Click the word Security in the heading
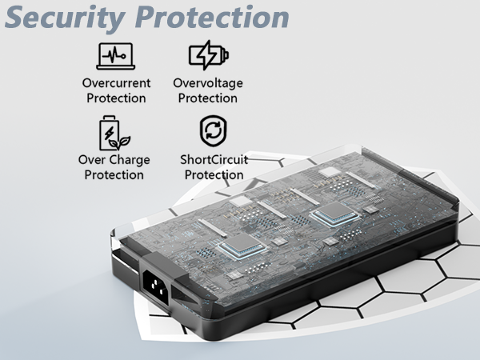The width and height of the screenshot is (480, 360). [x=65, y=18]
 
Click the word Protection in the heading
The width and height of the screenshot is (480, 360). [x=212, y=17]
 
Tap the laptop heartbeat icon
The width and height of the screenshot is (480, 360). [x=116, y=56]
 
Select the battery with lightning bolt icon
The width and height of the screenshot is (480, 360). [x=209, y=55]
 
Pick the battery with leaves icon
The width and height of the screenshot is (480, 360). [x=114, y=133]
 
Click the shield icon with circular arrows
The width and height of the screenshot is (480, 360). [x=214, y=130]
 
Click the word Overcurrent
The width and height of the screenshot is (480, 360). [x=116, y=83]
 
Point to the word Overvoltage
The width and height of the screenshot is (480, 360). [x=208, y=83]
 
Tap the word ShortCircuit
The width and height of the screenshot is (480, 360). [x=214, y=159]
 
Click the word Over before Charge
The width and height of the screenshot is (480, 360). [x=92, y=160]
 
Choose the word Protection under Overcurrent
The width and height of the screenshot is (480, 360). [x=116, y=98]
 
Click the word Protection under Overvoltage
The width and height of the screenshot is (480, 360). [x=207, y=98]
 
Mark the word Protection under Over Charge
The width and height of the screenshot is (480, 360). [x=114, y=175]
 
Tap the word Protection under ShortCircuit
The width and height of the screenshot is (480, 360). [x=214, y=175]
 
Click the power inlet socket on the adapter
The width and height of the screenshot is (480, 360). [x=155, y=286]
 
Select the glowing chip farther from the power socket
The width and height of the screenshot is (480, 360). [x=335, y=214]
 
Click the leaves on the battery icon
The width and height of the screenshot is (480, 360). [x=120, y=142]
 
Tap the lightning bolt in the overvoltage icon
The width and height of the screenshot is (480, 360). [x=207, y=55]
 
